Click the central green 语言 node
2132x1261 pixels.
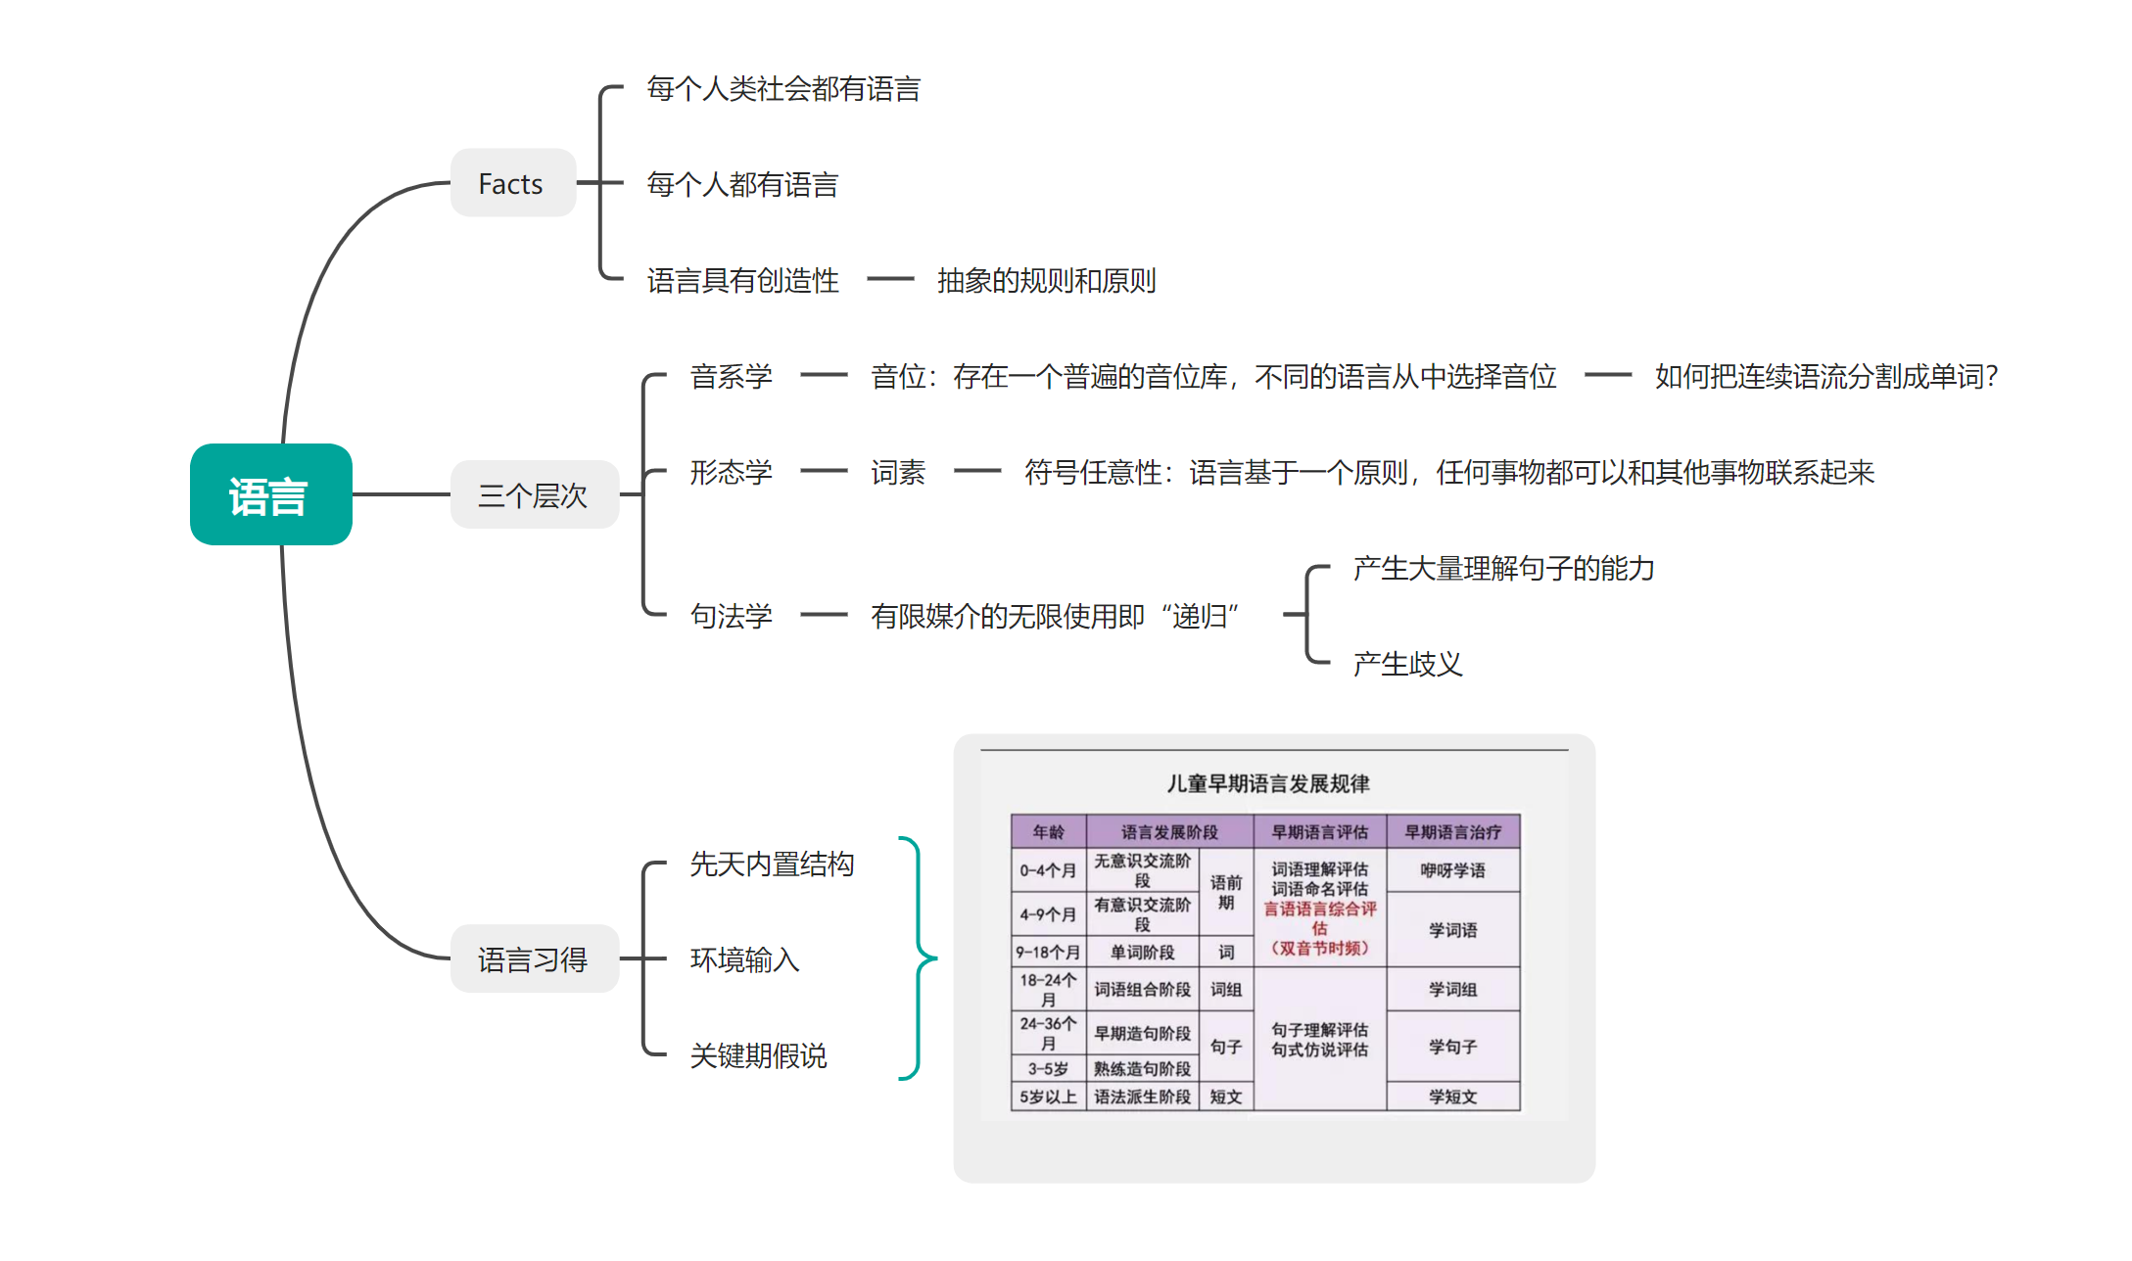pos(270,494)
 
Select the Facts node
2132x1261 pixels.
pos(512,183)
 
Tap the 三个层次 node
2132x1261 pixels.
pos(534,494)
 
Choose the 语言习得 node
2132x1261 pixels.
pos(534,958)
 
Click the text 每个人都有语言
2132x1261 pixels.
pos(742,184)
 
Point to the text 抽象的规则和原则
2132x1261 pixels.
pos(1046,281)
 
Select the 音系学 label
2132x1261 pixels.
pos(731,376)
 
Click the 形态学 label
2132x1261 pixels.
pos(731,472)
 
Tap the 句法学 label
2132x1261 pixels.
pos(731,616)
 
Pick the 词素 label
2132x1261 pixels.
pos(897,472)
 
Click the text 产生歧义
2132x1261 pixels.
pos(1407,664)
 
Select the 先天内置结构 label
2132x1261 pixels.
pos(772,864)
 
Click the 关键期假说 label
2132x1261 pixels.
pos(758,1055)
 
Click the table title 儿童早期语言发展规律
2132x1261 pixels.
pos(1267,783)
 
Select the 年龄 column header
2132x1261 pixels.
pos(1048,832)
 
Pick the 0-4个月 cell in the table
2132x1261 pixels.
pos(1048,870)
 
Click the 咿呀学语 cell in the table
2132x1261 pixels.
pos(1452,870)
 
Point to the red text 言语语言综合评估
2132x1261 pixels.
pos(1319,918)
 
